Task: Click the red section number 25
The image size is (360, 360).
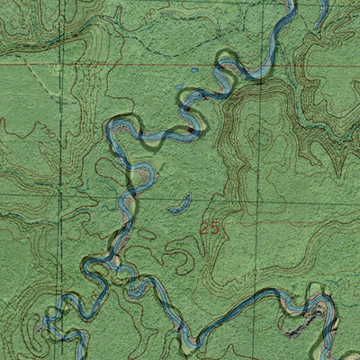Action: click(211, 229)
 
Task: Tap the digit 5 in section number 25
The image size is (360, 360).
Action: click(215, 229)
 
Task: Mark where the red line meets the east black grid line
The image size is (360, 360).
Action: click(261, 66)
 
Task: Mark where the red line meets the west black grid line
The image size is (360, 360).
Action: click(60, 65)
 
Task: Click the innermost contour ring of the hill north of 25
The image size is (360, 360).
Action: click(260, 138)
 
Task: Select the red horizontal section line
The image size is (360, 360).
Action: click(135, 66)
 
